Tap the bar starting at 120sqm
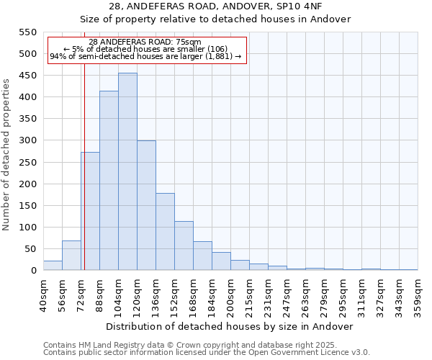pos(146,205)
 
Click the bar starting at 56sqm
pos(71,256)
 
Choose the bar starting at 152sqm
pos(184,246)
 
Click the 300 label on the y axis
pos(27,140)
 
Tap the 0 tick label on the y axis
pos(33,271)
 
